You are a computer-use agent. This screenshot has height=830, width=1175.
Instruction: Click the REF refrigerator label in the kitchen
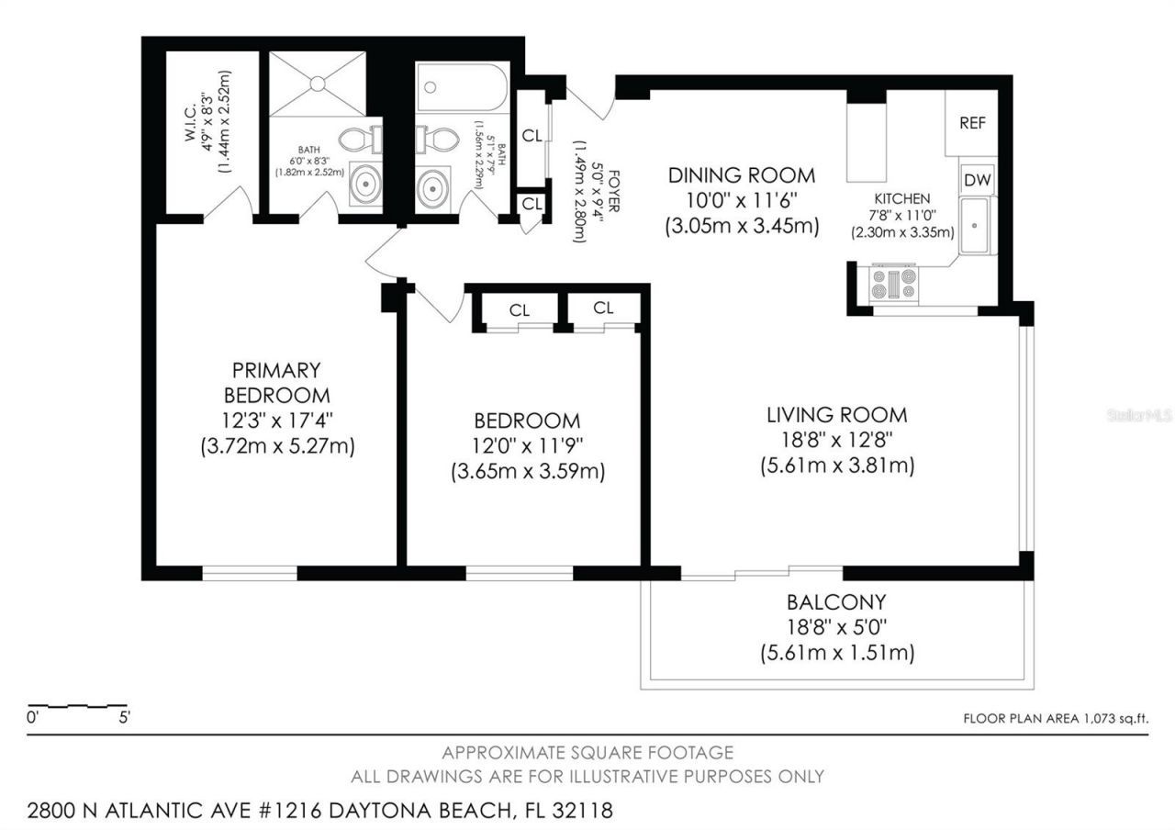coord(971,123)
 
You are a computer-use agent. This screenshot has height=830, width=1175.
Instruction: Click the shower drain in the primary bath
coord(317,84)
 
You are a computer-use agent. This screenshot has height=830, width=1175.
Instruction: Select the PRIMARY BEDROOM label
coord(276,383)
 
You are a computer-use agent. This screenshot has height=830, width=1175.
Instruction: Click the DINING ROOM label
coord(741,175)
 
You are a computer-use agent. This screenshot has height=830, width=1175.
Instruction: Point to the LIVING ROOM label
coord(836,415)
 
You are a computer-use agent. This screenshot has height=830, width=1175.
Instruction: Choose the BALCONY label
coord(836,602)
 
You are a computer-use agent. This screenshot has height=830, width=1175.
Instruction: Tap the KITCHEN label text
coord(901,198)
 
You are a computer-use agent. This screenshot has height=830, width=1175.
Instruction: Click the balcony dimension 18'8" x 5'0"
coord(836,629)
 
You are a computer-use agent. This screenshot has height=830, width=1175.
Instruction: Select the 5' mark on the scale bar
coord(124,719)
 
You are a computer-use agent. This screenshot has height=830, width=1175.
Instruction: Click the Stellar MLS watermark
coord(1139,416)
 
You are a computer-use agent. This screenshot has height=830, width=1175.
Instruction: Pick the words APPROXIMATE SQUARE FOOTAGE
coord(587,753)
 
